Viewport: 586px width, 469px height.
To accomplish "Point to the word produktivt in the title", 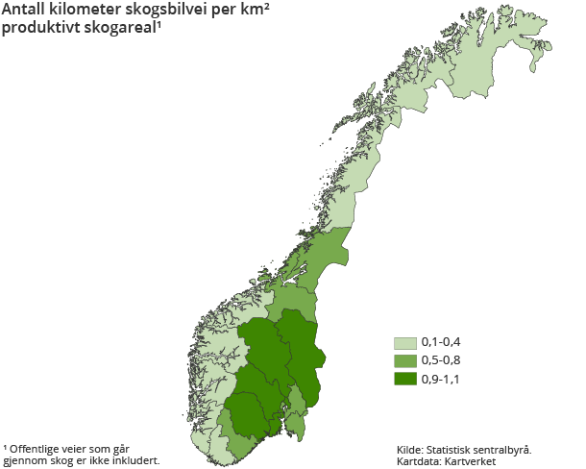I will click(x=40, y=27).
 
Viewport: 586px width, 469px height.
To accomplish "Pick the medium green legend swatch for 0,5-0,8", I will click(x=404, y=360).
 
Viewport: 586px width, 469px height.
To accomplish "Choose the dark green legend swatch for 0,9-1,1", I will click(x=404, y=378).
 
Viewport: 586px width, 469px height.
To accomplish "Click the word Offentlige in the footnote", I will click(x=37, y=448).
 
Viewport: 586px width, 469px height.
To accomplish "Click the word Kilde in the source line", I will click(x=410, y=449).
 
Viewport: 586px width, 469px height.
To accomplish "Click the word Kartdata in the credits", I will click(x=417, y=461).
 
